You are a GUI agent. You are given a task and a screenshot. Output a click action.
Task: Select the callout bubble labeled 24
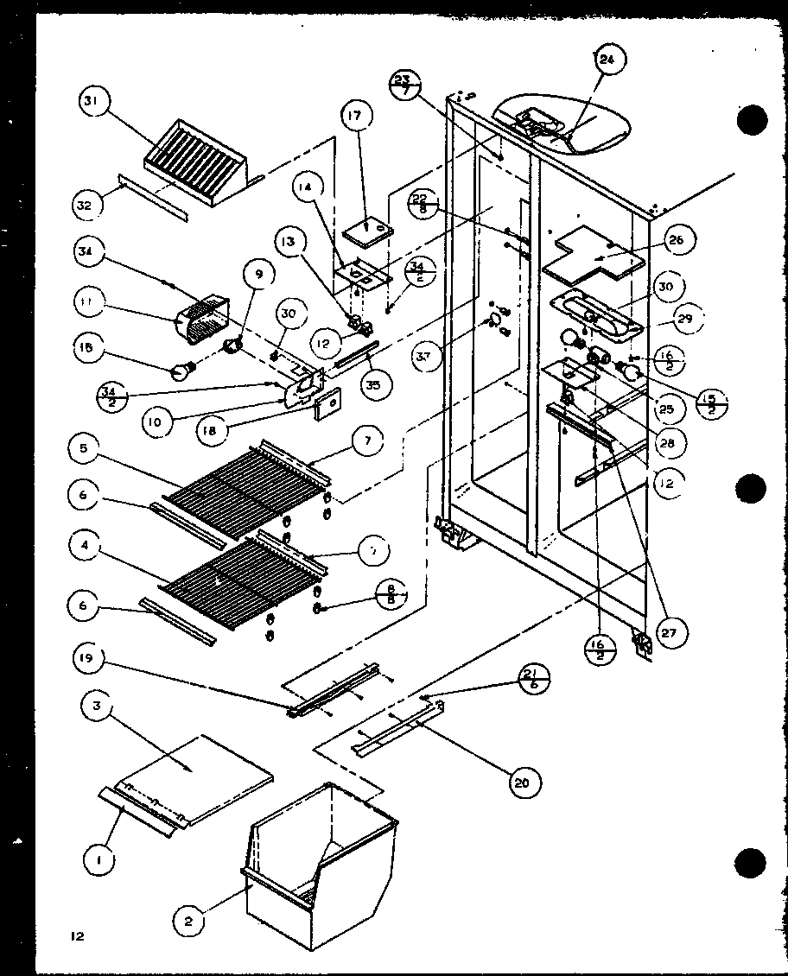coord(608,60)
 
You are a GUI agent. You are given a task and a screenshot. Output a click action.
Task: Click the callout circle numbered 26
coord(676,241)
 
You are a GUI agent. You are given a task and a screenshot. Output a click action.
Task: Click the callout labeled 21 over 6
coord(534,680)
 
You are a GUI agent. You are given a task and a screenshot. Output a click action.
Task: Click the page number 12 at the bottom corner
coord(79,936)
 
